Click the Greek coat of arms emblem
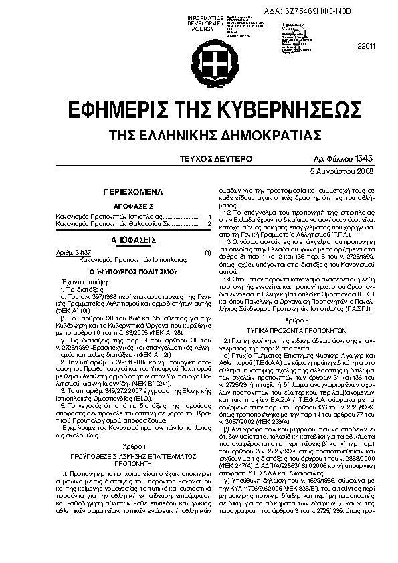pyautogui.click(x=199, y=62)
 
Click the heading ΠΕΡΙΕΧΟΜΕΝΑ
pyautogui.click(x=133, y=191)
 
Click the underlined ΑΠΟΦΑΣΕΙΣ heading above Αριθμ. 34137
pyautogui.click(x=133, y=238)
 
